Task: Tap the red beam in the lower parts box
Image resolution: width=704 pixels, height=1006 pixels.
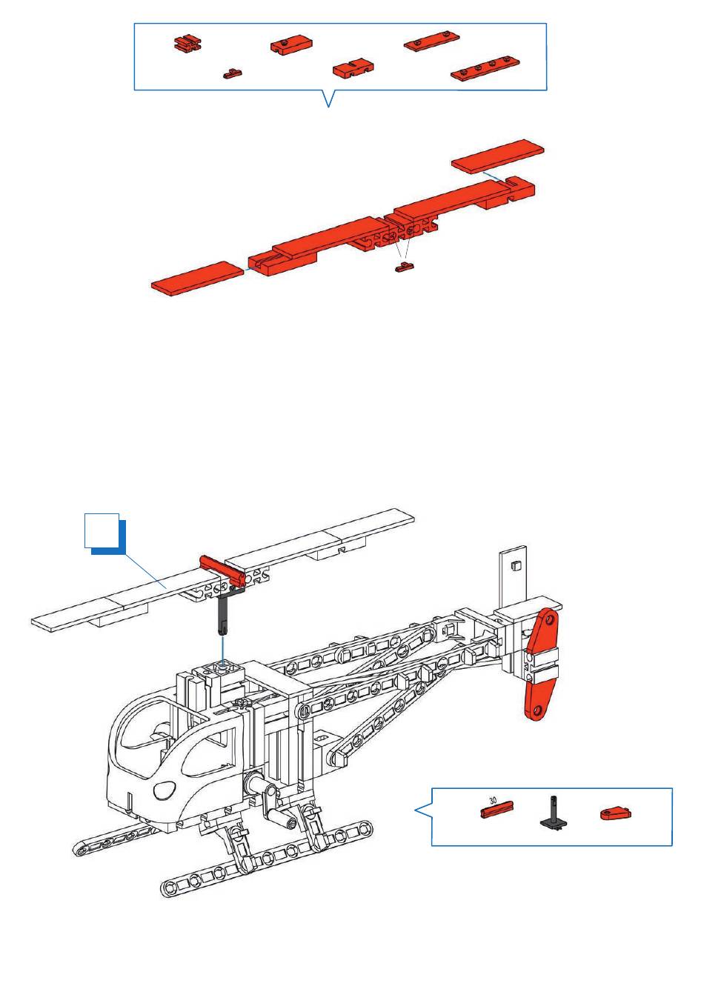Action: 497,810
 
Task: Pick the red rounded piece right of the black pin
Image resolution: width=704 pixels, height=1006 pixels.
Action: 616,813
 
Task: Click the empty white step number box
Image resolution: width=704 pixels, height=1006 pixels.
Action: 102,530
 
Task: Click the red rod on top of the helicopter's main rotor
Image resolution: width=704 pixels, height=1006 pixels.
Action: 222,570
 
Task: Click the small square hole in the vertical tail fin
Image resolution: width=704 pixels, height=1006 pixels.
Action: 515,565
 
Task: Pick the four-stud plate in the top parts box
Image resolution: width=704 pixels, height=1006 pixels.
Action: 485,69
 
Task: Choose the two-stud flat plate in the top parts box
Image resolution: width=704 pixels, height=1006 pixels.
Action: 432,41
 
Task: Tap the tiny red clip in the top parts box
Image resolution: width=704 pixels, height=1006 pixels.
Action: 233,73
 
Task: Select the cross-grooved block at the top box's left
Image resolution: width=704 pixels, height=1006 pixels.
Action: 187,44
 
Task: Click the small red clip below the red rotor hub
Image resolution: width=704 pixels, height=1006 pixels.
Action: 405,267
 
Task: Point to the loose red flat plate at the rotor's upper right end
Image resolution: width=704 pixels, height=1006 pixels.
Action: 497,156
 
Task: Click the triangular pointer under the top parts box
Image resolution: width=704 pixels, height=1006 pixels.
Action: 329,99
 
